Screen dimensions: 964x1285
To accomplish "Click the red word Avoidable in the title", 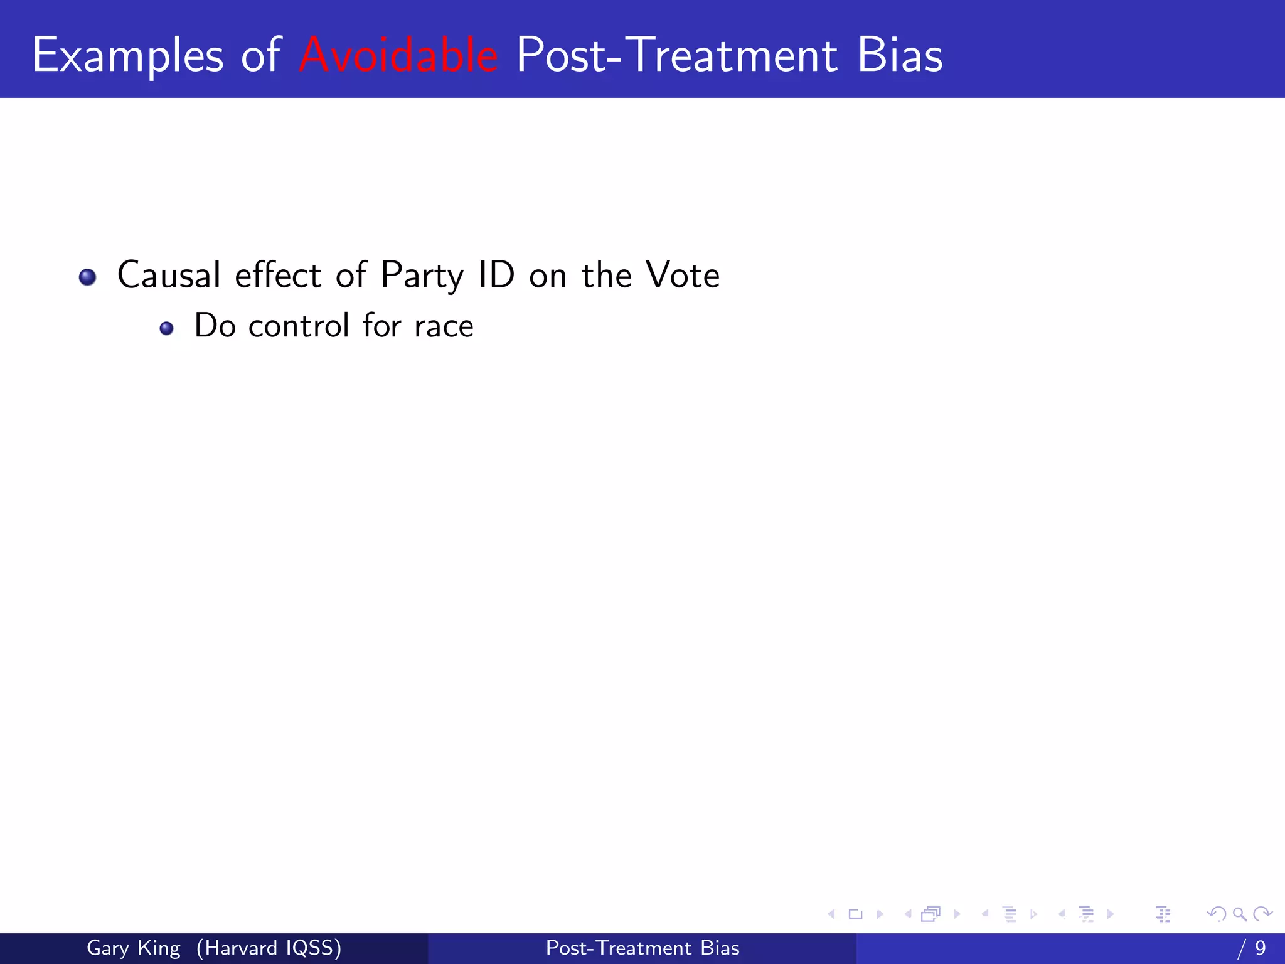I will point(398,55).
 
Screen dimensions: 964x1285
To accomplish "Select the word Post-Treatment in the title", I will point(676,55).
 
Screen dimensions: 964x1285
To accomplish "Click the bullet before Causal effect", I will point(88,277).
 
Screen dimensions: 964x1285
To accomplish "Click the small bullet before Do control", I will point(166,328).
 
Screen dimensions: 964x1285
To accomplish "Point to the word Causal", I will point(169,275).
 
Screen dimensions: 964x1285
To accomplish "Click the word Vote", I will point(683,275).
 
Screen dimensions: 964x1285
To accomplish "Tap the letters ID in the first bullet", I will point(496,275).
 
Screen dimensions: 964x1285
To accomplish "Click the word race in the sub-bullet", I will point(444,326).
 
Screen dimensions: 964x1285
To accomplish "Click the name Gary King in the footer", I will point(133,948).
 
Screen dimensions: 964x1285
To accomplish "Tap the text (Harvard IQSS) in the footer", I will point(269,948).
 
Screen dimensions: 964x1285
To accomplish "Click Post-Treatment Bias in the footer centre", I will point(642,948).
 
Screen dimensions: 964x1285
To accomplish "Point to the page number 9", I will point(1260,948).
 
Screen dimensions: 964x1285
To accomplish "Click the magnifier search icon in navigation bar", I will point(1239,914).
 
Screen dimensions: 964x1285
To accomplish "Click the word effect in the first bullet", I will point(278,275).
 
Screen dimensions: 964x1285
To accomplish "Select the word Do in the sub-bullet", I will point(215,326).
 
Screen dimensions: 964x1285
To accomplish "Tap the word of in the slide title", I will point(260,55).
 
